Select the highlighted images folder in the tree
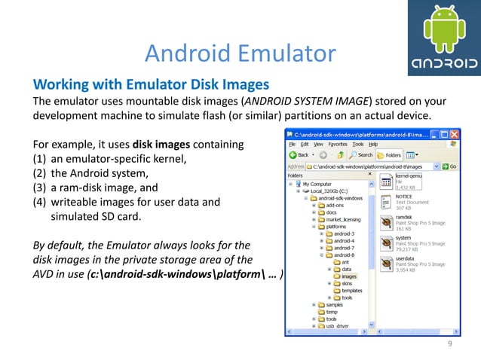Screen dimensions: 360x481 (348, 276)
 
